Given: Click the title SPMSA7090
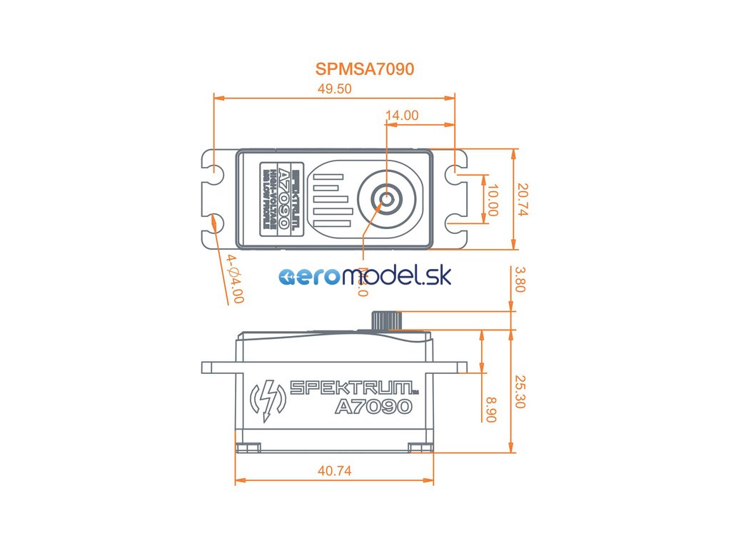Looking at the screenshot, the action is [x=365, y=69].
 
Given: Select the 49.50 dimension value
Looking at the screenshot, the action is [x=335, y=89].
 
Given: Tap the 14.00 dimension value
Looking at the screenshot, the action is [x=402, y=115].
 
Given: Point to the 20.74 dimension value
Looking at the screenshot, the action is [x=523, y=200].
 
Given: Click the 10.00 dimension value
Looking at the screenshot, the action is [x=492, y=199].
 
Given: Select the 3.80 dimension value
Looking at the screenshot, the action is [x=520, y=280].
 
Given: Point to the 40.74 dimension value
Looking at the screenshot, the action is [x=334, y=471].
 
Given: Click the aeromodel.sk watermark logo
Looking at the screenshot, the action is [x=365, y=276].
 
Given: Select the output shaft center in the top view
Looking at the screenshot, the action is [x=386, y=199].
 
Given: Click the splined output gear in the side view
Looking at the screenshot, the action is [x=386, y=320].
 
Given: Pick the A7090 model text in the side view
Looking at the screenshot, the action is [x=373, y=407].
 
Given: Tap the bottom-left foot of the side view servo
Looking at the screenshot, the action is [x=248, y=447].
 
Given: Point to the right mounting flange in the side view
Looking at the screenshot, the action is [x=450, y=367].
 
